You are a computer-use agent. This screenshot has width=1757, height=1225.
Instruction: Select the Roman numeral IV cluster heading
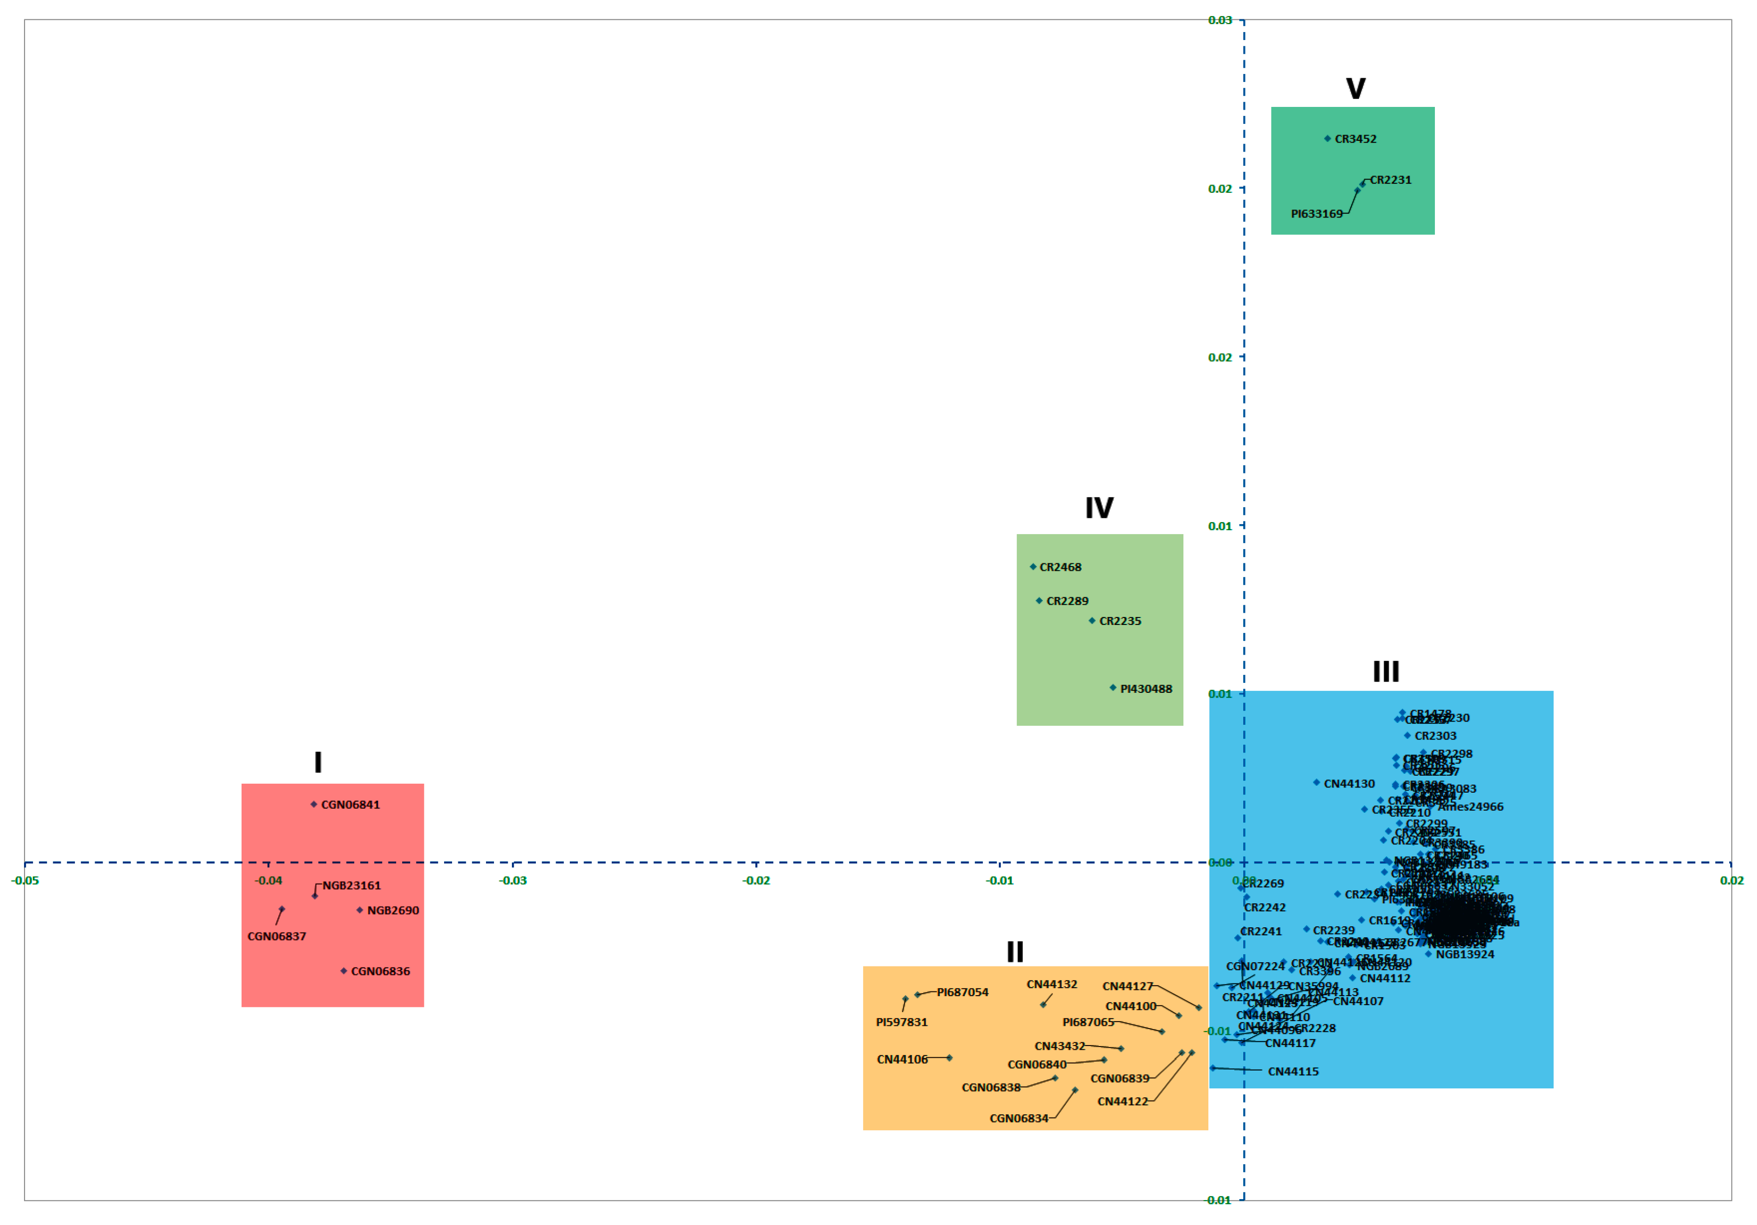pos(1099,508)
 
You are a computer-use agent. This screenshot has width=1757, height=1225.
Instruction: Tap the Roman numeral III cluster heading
pos(1386,672)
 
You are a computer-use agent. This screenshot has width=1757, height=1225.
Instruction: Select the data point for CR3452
pos(1328,138)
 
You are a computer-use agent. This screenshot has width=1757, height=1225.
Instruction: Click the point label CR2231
pos(1391,180)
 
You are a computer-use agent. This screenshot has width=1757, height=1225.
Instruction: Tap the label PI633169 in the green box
pos(1316,213)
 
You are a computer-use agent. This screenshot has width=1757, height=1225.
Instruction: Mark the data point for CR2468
pos(1033,567)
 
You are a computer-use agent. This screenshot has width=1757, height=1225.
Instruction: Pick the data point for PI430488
pos(1113,688)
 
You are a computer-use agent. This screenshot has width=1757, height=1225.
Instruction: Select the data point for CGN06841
pos(314,804)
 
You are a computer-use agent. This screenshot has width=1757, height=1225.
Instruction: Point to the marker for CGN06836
pos(344,971)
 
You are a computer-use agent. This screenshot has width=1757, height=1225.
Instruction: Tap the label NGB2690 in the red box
pos(393,910)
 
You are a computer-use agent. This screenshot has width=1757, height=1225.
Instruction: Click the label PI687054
pos(963,992)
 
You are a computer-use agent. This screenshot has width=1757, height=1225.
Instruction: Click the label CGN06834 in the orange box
pos(1019,1119)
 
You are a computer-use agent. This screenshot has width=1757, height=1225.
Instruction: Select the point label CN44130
pos(1349,784)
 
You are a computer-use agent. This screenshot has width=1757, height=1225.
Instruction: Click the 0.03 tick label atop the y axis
pos(1220,20)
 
